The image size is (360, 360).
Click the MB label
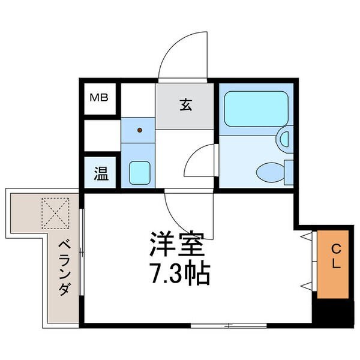point(99,98)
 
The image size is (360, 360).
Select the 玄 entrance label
point(185,104)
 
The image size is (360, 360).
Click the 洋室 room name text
point(177,244)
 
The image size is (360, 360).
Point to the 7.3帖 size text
point(180,272)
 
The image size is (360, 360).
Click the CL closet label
point(336,256)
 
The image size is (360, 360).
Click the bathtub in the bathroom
point(256,109)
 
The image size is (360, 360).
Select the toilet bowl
point(271,172)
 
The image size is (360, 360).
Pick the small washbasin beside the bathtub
point(284,140)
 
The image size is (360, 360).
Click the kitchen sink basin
point(140,173)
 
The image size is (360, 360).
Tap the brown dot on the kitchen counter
point(140,130)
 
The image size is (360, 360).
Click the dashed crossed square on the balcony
point(55,213)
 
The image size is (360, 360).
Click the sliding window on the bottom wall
point(229,325)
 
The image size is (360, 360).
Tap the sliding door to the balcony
point(82,252)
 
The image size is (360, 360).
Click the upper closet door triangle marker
point(307,236)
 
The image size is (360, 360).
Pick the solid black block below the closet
point(333,313)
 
